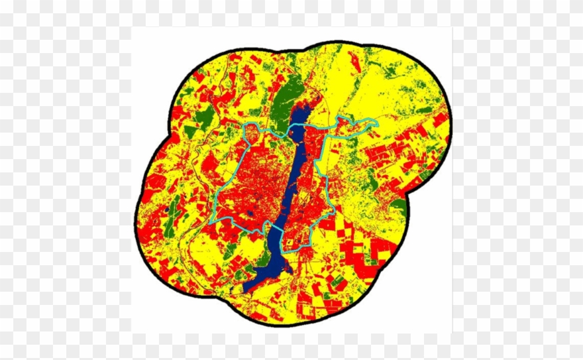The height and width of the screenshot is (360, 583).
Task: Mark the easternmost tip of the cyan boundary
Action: (x=376, y=123)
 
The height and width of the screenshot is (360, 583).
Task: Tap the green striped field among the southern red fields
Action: (x=339, y=281)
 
